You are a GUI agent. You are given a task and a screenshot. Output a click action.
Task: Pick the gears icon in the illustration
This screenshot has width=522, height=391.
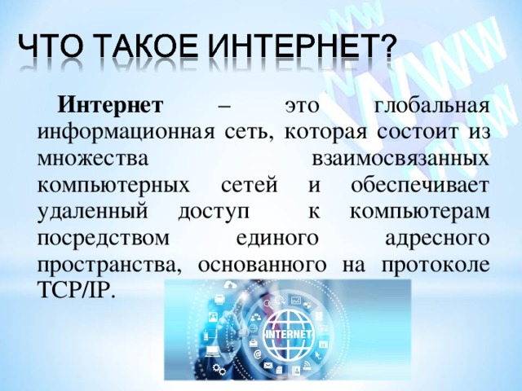pos(219,369)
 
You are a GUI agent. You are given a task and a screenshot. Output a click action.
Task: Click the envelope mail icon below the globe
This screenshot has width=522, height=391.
pos(268,366)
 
